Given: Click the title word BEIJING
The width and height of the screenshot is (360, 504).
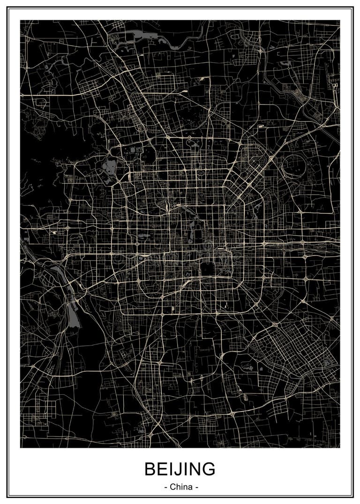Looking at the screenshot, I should pos(180,468).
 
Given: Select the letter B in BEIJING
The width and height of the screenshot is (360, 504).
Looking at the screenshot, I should pos(150,469).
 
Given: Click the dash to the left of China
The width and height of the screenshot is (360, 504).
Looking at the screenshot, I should pos(166,487).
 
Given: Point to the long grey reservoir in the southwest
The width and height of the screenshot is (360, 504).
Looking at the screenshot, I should pos(73,314).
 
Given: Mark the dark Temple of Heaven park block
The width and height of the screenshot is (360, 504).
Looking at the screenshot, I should pos(207,270).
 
